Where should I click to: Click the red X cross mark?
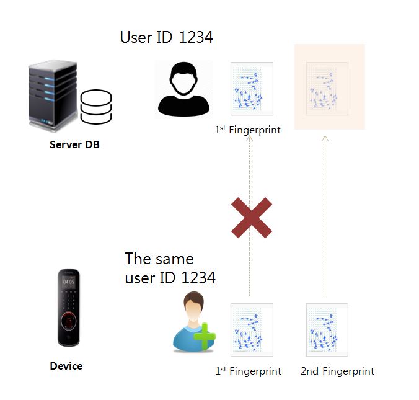point(252,218)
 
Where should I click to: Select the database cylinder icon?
point(96,107)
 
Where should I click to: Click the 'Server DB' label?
point(74,145)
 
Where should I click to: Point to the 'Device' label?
point(66,366)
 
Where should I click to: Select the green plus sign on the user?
point(205,338)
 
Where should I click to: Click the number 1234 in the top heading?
point(195,37)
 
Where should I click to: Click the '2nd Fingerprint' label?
point(337,371)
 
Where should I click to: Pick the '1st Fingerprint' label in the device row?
point(248,371)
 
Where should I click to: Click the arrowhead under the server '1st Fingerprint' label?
point(250,140)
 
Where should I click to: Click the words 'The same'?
point(159,259)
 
